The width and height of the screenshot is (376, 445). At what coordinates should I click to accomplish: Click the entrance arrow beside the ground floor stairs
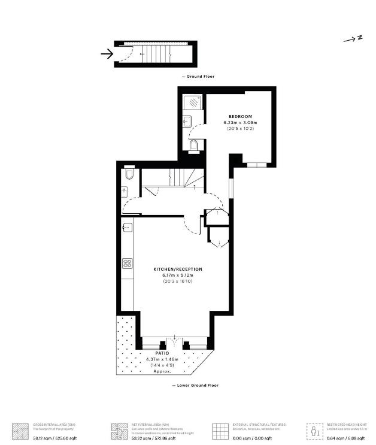(107, 55)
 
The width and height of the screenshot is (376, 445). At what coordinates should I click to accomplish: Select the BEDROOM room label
(240, 116)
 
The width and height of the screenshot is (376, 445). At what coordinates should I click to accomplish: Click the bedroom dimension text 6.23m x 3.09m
(240, 122)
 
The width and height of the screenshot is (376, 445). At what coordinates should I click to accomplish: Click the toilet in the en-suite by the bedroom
(193, 144)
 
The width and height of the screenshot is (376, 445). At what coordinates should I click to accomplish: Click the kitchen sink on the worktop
(127, 228)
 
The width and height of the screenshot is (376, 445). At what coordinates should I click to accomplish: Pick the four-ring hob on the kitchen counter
(127, 263)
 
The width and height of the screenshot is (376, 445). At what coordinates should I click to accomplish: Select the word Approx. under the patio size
(162, 371)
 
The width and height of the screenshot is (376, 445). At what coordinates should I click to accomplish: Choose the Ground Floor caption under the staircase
(198, 77)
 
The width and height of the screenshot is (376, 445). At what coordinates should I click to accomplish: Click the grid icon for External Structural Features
(220, 431)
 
